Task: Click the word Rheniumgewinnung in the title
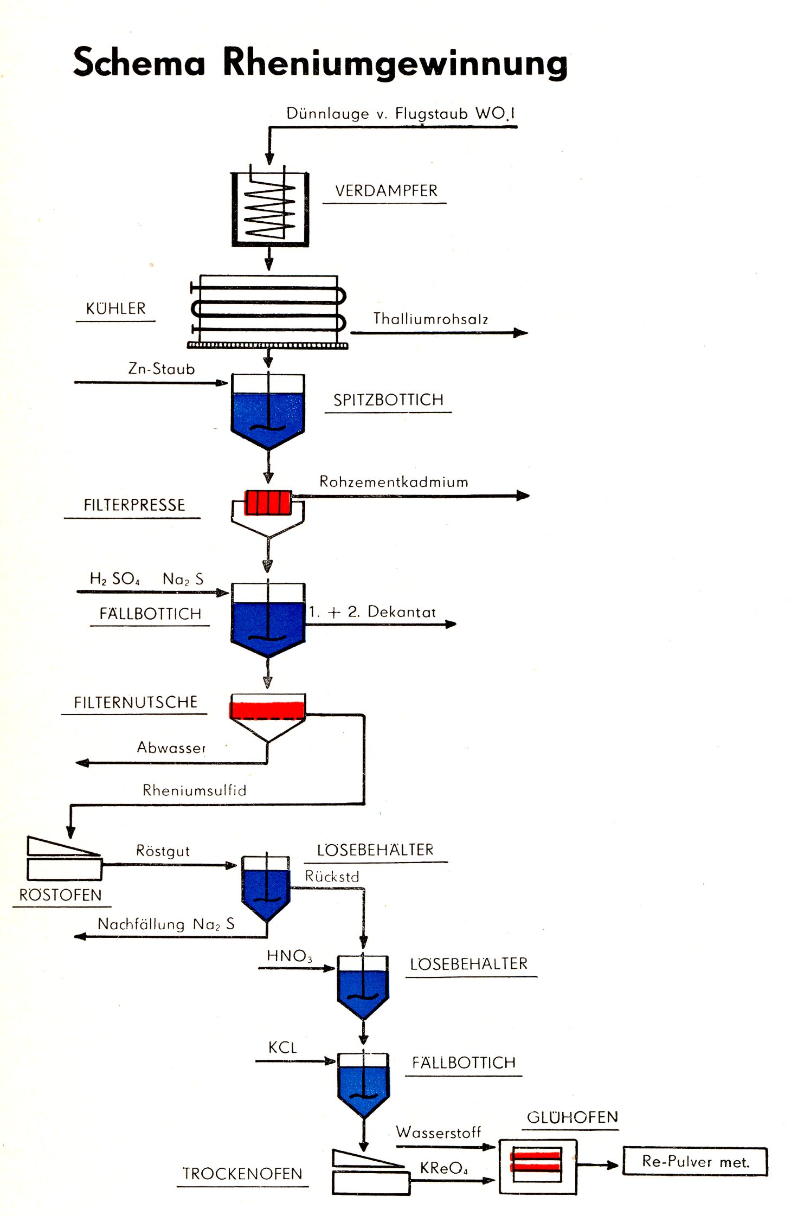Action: pyautogui.click(x=395, y=62)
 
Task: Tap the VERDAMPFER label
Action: pyautogui.click(x=386, y=191)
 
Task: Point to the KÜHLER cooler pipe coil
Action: pyautogui.click(x=268, y=309)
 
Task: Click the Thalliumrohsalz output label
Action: pyautogui.click(x=430, y=319)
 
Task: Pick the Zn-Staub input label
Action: pyautogui.click(x=162, y=369)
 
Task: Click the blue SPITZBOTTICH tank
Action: pyautogui.click(x=268, y=415)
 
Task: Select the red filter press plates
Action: pyautogui.click(x=268, y=502)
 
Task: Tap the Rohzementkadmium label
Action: pyautogui.click(x=394, y=482)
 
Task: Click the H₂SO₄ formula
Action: pyautogui.click(x=114, y=579)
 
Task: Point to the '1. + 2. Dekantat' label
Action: pyautogui.click(x=372, y=612)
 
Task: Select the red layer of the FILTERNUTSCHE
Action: pyautogui.click(x=267, y=710)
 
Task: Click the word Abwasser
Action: pyautogui.click(x=171, y=748)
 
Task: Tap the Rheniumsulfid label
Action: pyautogui.click(x=194, y=790)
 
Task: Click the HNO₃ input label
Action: pyautogui.click(x=289, y=956)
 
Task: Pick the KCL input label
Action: pyautogui.click(x=282, y=1047)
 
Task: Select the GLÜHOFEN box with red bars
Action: pyautogui.click(x=537, y=1167)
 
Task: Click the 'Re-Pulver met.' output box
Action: pyautogui.click(x=695, y=1161)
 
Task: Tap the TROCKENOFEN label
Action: pyautogui.click(x=242, y=1174)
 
